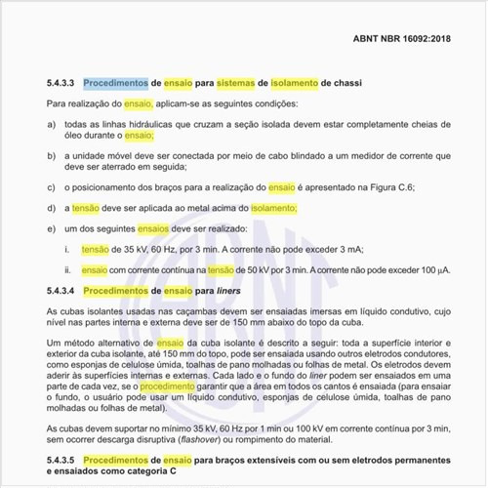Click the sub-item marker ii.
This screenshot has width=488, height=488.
coord(67,269)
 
